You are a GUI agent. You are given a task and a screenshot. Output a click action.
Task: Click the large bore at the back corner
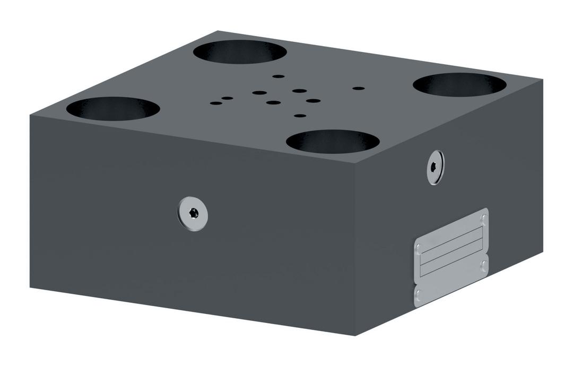(x=240, y=52)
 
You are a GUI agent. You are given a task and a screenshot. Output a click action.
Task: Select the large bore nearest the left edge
(x=113, y=109)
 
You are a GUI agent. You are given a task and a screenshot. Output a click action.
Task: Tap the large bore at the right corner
(x=459, y=84)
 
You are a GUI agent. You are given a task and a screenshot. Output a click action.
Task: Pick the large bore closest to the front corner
(x=333, y=141)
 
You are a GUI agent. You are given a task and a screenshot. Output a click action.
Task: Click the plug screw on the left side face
(x=193, y=213)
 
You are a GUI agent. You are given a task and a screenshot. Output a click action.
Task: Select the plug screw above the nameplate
(x=436, y=168)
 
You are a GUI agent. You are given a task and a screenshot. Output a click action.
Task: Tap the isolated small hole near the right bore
(x=359, y=88)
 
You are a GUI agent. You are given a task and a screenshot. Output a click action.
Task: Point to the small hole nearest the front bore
(x=300, y=115)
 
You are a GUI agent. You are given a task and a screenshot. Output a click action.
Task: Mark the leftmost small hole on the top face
(x=215, y=102)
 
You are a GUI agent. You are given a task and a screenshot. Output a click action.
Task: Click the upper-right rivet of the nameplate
(x=483, y=217)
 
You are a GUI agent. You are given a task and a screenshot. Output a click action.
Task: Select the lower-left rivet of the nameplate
(x=419, y=293)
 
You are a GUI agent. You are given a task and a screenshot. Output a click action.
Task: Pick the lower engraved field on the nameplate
(x=452, y=259)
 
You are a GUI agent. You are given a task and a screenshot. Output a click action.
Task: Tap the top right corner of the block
(x=542, y=81)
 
